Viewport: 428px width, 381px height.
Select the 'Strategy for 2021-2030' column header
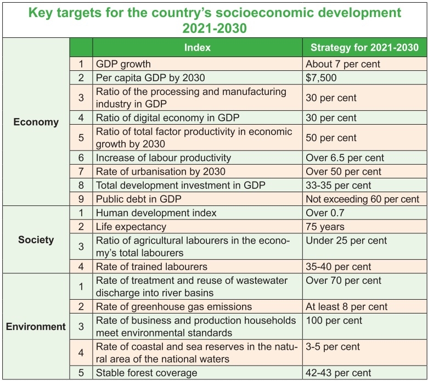[x=364, y=48]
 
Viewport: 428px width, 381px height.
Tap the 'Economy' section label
[x=36, y=122]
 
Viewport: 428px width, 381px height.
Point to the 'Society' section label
[x=36, y=239]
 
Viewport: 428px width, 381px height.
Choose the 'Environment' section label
[x=36, y=327]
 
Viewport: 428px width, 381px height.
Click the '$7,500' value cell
[x=321, y=77]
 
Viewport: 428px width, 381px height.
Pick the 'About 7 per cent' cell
[x=342, y=64]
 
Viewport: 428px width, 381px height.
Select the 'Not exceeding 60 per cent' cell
[x=363, y=199]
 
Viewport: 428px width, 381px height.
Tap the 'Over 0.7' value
[x=325, y=213]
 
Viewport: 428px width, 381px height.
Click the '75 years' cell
[x=325, y=226]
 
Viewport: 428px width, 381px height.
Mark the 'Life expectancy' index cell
[x=131, y=226]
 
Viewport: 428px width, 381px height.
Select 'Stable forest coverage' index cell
[x=145, y=373]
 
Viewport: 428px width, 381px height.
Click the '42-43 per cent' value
[x=339, y=373]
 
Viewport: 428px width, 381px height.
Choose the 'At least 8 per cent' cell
[x=346, y=306]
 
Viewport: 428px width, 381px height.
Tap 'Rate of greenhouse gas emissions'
[x=174, y=306]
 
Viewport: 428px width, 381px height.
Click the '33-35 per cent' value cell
[x=339, y=185]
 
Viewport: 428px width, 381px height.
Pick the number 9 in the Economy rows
[x=81, y=199]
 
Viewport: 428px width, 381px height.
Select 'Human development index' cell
[x=156, y=213]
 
